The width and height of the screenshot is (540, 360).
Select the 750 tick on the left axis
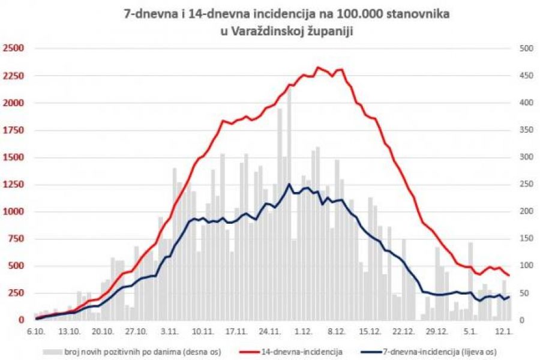[x=15, y=239]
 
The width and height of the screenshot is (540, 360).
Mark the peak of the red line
[x=319, y=67]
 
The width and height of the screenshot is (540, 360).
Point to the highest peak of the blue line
[x=289, y=184]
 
